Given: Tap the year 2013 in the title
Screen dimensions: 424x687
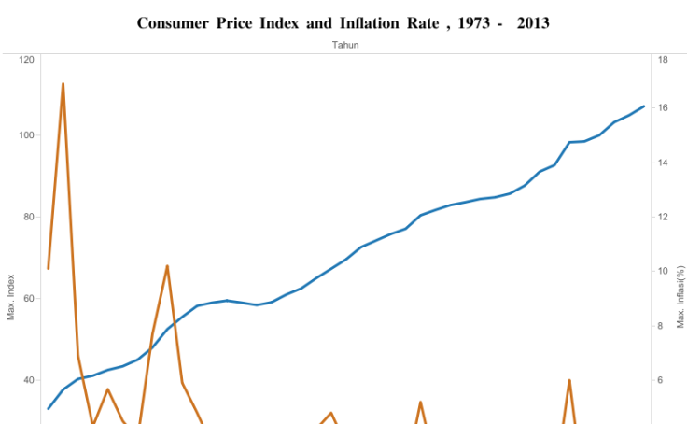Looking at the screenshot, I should (533, 21).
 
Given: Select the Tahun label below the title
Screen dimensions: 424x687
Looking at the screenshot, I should (345, 44).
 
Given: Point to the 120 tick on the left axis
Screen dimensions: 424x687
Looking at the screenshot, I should (26, 60).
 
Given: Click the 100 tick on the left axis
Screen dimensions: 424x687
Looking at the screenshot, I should (26, 135).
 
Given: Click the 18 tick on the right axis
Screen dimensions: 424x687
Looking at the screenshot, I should (663, 60).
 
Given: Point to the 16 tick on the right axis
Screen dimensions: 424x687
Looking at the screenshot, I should (663, 108).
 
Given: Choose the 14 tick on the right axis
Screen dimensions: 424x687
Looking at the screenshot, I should (663, 163).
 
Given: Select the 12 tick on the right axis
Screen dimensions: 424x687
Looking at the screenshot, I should (663, 217).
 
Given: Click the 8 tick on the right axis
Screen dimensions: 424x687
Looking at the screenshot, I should (663, 326).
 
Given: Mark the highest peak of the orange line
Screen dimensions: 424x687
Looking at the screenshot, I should (63, 83).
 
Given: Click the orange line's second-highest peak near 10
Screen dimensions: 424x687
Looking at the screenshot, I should (167, 266).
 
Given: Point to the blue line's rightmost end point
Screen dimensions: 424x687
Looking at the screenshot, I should (644, 106).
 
